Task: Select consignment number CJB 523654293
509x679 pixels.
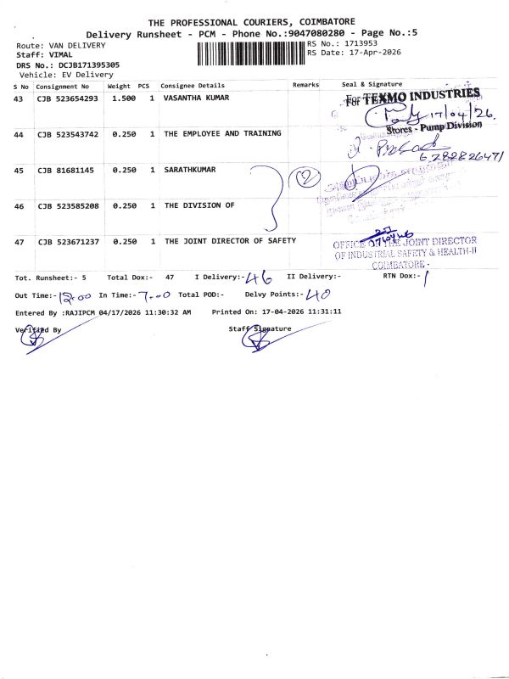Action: tap(68, 99)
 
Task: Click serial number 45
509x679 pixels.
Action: tap(19, 171)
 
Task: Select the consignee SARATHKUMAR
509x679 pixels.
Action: tap(190, 170)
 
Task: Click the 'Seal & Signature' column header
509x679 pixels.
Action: tap(372, 85)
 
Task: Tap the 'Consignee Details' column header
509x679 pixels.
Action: tap(193, 86)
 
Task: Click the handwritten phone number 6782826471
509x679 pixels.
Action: tap(458, 157)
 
